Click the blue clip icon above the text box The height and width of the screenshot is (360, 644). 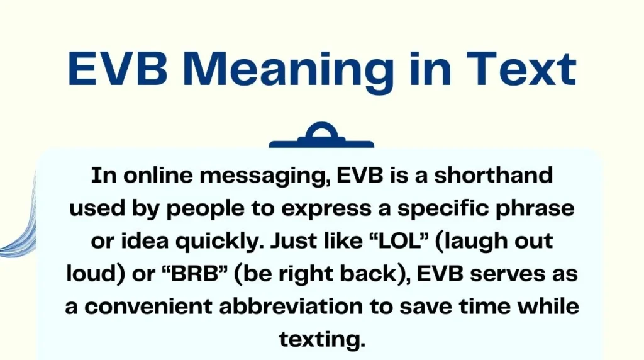point(321,137)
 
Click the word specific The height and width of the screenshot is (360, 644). point(445,209)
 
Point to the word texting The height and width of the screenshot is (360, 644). point(321,340)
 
